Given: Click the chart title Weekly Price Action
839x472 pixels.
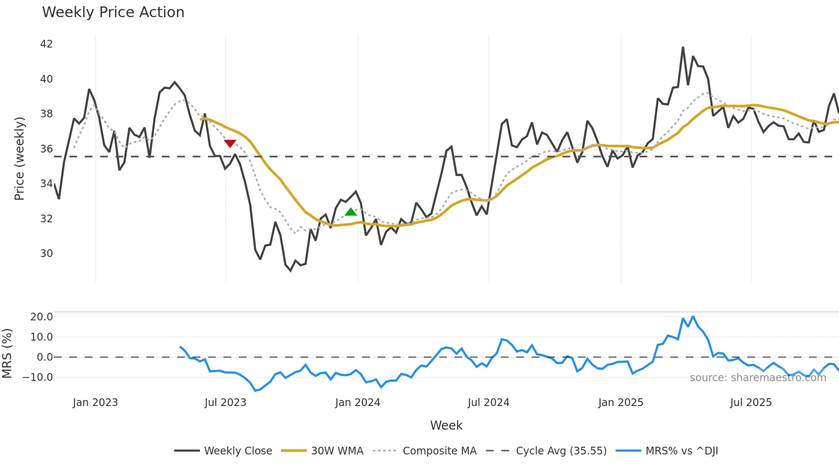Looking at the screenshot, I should point(113,12).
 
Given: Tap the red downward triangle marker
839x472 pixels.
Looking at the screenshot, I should point(230,143).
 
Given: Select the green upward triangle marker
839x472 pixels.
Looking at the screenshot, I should point(351,212).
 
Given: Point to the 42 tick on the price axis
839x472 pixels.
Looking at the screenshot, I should point(46,44).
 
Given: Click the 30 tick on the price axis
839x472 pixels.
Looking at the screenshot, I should point(46,254).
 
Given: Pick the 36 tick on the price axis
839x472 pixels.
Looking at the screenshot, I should point(46,149).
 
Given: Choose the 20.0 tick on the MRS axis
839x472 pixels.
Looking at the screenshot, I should point(42,317).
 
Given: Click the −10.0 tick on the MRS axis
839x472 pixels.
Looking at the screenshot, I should point(38,377).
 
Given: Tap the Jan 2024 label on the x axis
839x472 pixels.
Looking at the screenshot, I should point(357,403).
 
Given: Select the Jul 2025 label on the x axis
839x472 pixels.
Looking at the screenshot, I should point(751,403).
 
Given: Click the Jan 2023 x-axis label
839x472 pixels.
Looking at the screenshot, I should point(95,403).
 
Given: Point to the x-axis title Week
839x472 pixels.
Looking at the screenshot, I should point(446,425).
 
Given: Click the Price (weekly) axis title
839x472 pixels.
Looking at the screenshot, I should point(19,158).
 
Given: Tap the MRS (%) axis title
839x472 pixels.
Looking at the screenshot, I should point(7,353).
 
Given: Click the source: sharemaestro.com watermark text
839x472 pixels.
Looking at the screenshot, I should point(758,378).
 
